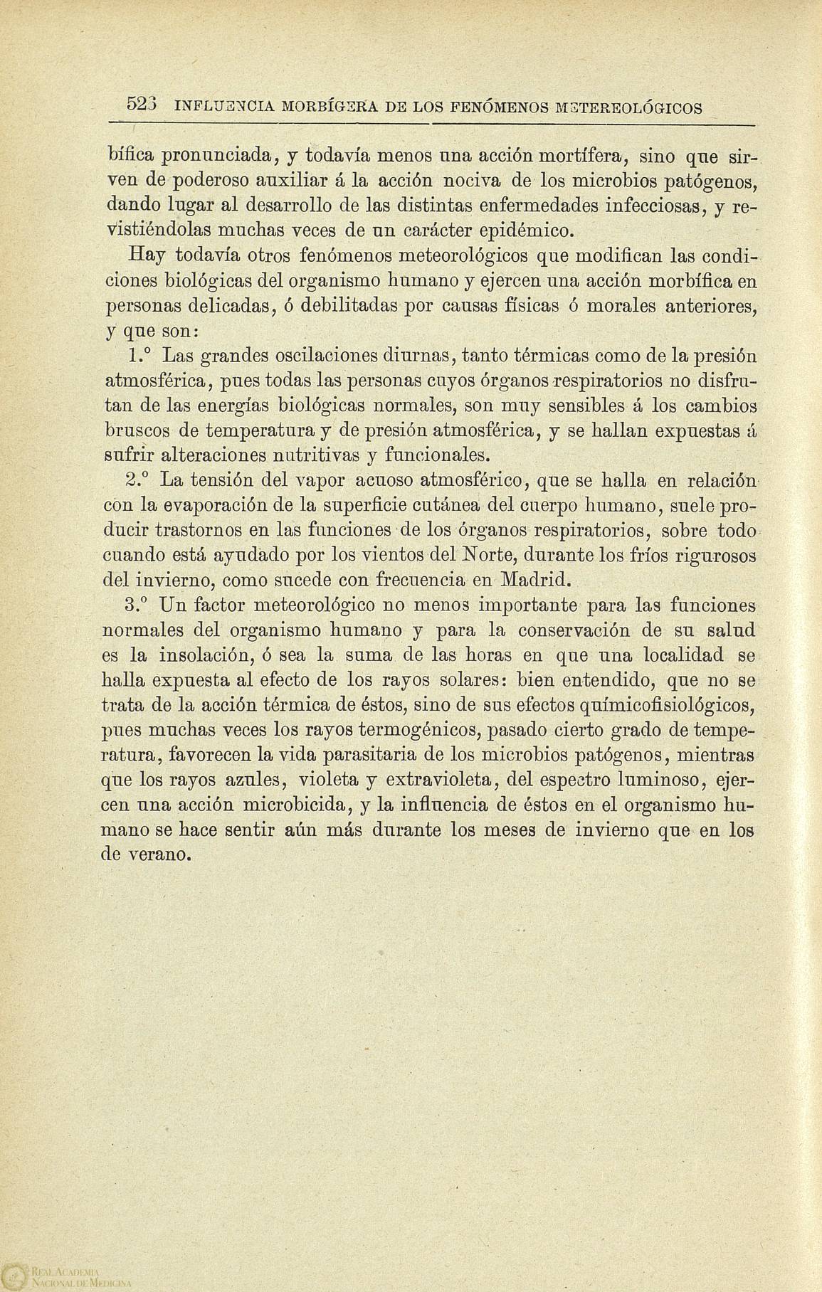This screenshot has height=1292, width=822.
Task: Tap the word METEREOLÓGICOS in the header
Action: (x=621, y=108)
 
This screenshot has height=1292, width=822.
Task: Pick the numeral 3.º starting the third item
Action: (x=137, y=605)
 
